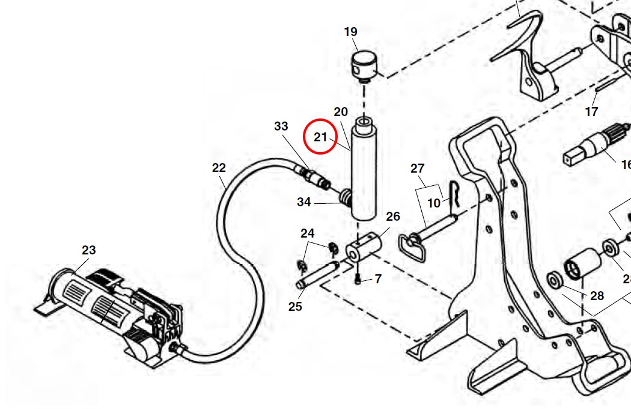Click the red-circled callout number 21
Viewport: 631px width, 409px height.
tap(321, 137)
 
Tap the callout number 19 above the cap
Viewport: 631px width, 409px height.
tap(350, 32)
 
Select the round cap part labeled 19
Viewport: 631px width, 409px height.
tap(364, 65)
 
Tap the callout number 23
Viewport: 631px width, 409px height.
tap(89, 250)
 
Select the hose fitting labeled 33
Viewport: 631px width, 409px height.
tap(314, 177)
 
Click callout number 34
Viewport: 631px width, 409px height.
tap(304, 202)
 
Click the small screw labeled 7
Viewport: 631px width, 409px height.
tap(359, 279)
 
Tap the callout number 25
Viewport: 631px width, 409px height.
tap(295, 307)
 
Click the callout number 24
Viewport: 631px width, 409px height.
tap(307, 233)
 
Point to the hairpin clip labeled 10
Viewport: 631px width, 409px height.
tap(456, 196)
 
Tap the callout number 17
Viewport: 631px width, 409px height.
tap(591, 111)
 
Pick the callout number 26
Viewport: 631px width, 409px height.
tap(393, 217)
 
